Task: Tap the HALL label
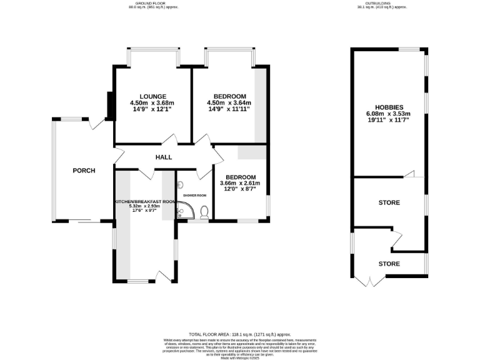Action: (x=164, y=157)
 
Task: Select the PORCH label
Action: (x=84, y=171)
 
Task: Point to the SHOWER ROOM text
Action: (x=194, y=196)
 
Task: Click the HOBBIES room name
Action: (x=388, y=107)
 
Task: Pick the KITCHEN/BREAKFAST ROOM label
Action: (x=145, y=202)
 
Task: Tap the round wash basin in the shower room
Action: (x=181, y=185)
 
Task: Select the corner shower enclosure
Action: (x=184, y=213)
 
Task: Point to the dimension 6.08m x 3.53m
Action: (x=388, y=114)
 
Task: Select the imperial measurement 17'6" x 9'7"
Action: (x=145, y=211)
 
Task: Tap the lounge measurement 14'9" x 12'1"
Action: (x=151, y=109)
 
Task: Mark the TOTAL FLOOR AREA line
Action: (x=239, y=334)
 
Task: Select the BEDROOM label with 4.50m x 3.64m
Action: (x=229, y=96)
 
